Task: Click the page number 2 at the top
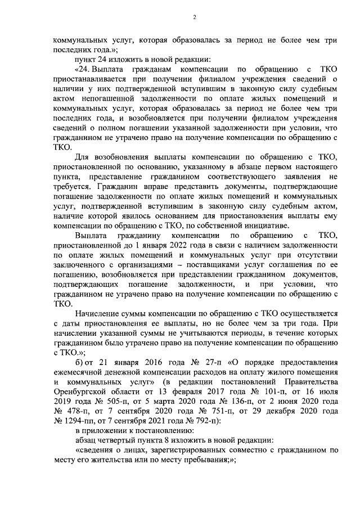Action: [193, 17]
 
